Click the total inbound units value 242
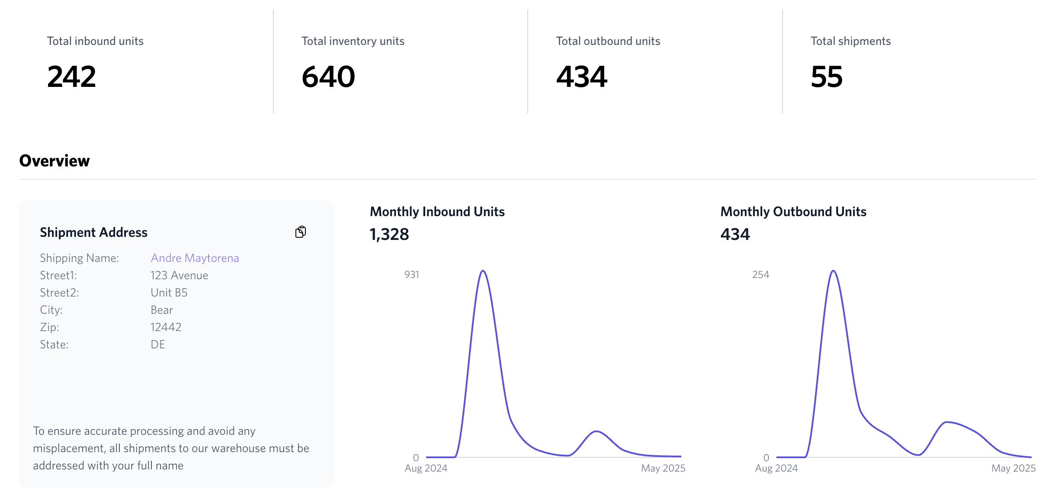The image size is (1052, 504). [x=71, y=77]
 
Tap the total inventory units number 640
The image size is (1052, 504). [x=328, y=77]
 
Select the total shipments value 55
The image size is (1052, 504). [x=827, y=77]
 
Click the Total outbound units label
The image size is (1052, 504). [x=608, y=41]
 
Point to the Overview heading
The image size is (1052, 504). [x=55, y=161]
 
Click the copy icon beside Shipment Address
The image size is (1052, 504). [x=301, y=232]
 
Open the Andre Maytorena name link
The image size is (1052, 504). [x=195, y=258]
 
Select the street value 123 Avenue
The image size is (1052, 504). [x=179, y=275]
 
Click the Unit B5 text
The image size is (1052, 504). [x=169, y=293]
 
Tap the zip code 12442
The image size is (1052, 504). [x=166, y=327]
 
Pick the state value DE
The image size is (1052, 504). [x=157, y=345]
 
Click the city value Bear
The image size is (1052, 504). [x=161, y=310]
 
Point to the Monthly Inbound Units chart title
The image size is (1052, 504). [x=437, y=211]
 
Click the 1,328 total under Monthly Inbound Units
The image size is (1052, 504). [x=389, y=234]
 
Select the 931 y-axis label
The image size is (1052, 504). [x=411, y=274]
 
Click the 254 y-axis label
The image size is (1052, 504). [x=760, y=274]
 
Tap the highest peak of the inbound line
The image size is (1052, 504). [x=483, y=271]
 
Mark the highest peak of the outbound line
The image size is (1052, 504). [x=833, y=271]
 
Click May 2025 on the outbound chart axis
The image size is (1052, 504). [x=1013, y=468]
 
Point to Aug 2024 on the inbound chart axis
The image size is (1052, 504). [x=426, y=468]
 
